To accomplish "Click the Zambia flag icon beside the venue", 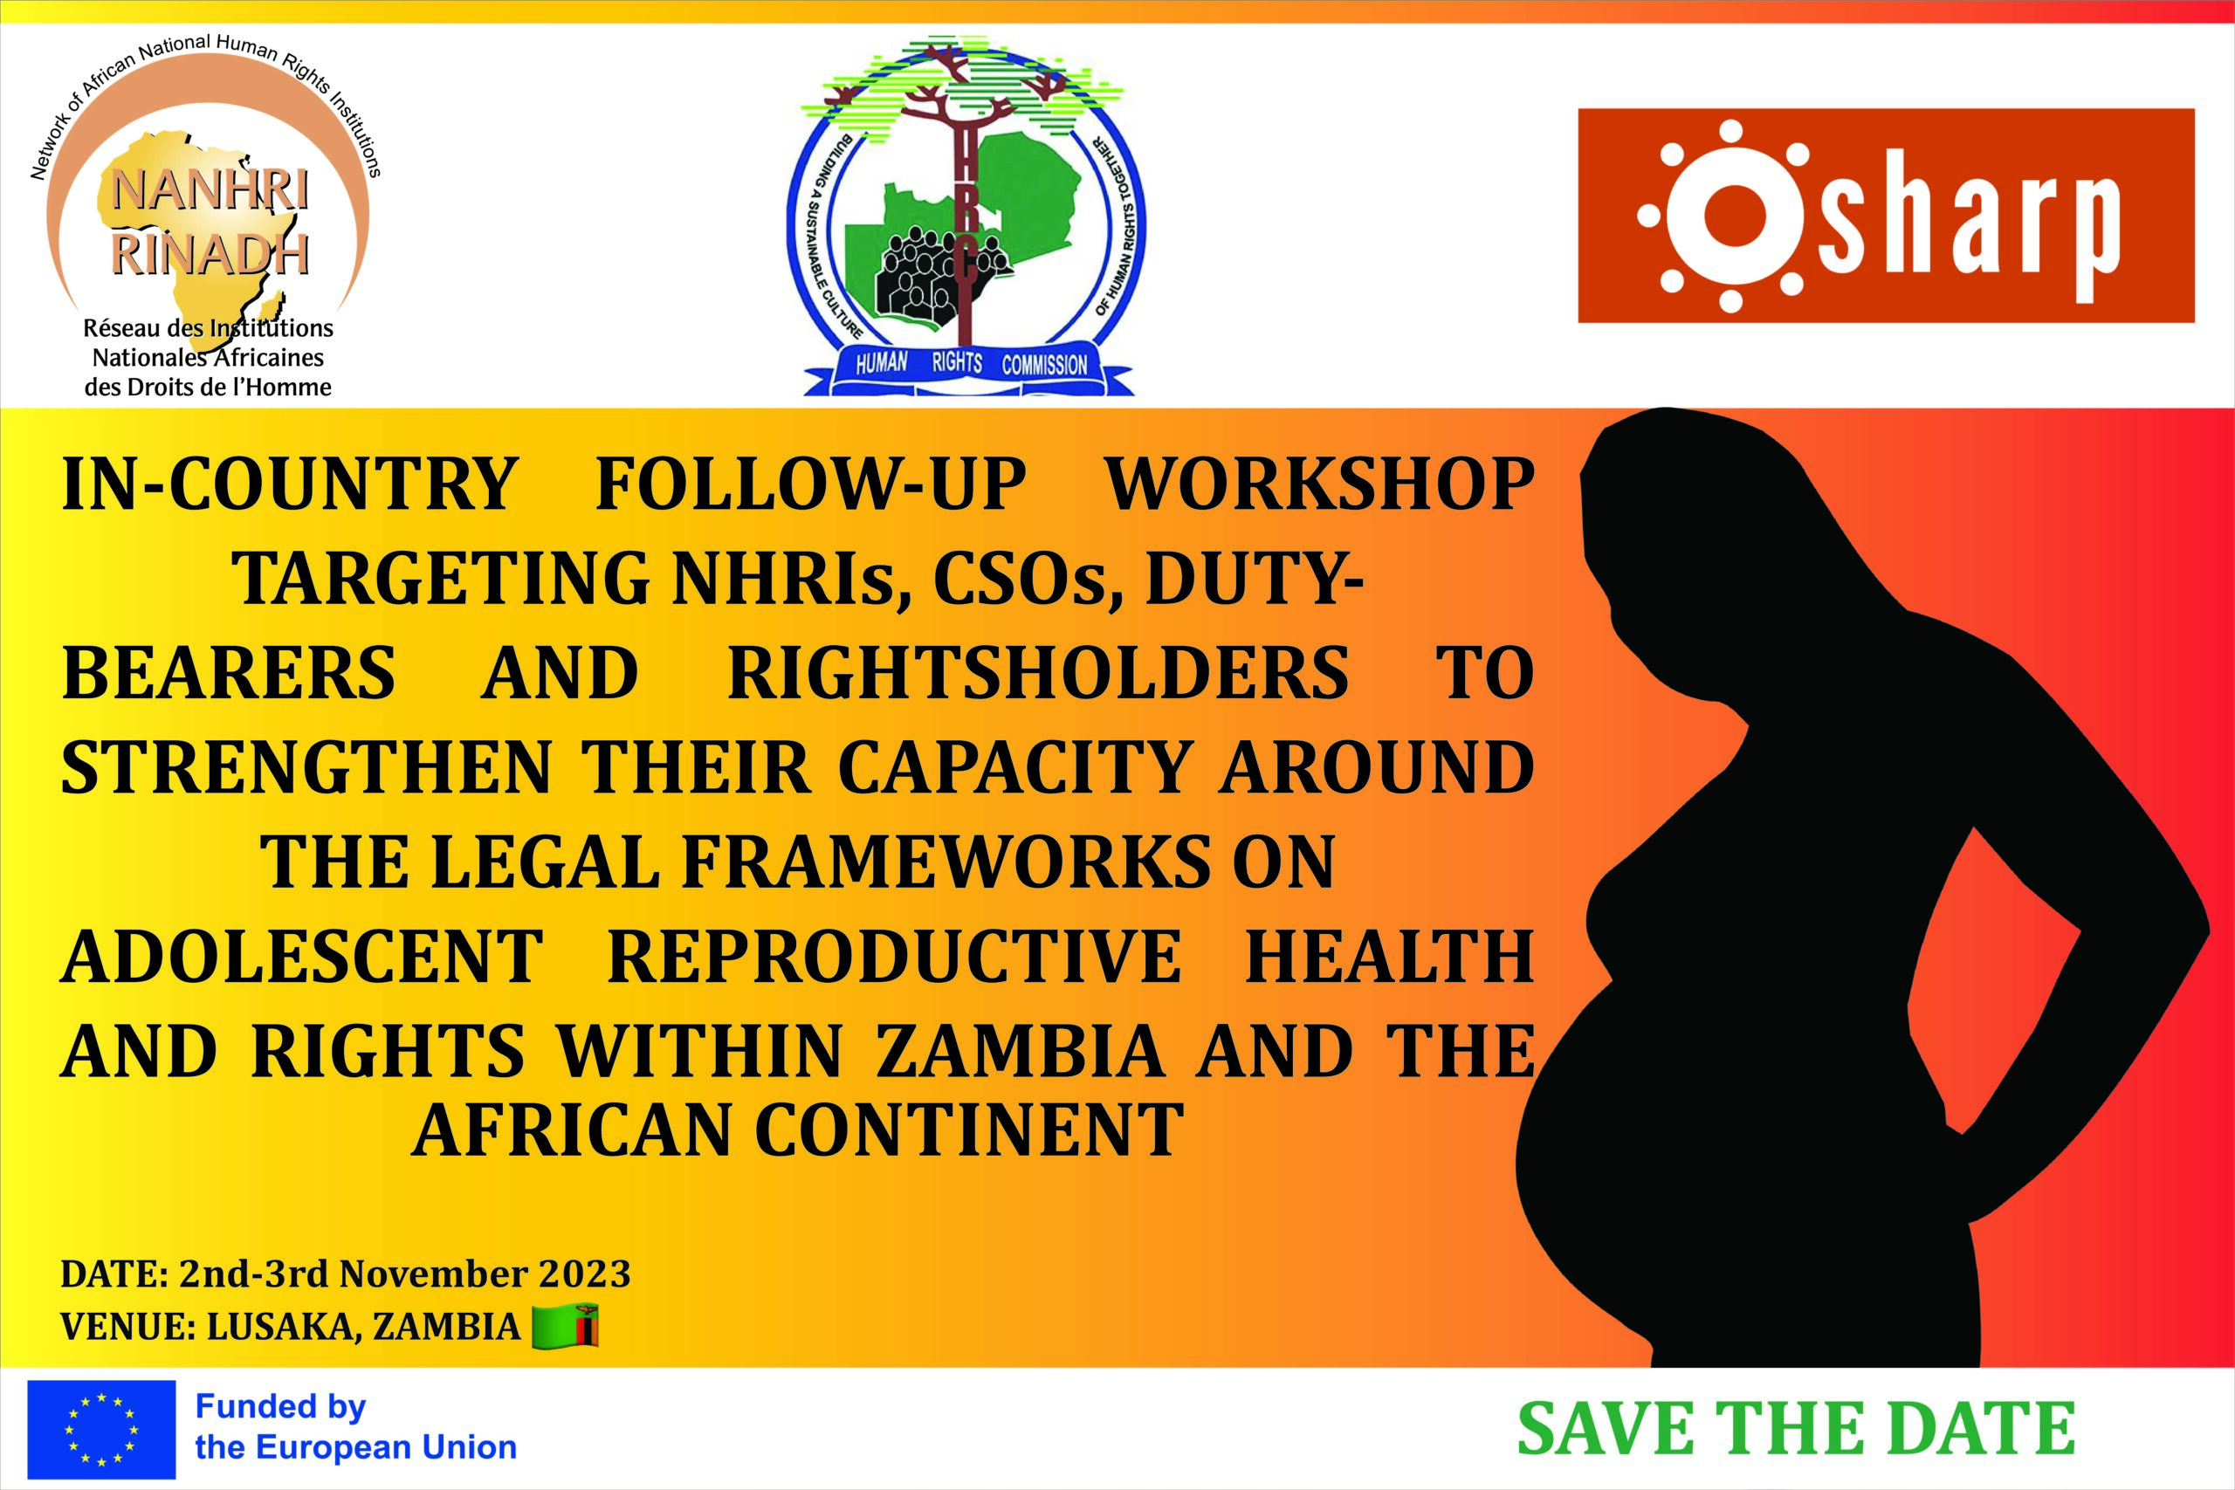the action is pos(565,1327).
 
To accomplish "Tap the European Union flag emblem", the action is pos(101,1429).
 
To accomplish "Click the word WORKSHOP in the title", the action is pos(1319,484).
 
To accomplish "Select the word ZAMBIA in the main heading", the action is pos(1019,1051).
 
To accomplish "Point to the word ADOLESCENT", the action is pos(302,956).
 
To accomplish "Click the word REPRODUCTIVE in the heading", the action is pos(894,956).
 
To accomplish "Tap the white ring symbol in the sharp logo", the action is pos(1730,216).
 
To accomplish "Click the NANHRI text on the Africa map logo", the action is pos(210,191).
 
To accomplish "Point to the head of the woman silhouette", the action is pos(1673,513).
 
